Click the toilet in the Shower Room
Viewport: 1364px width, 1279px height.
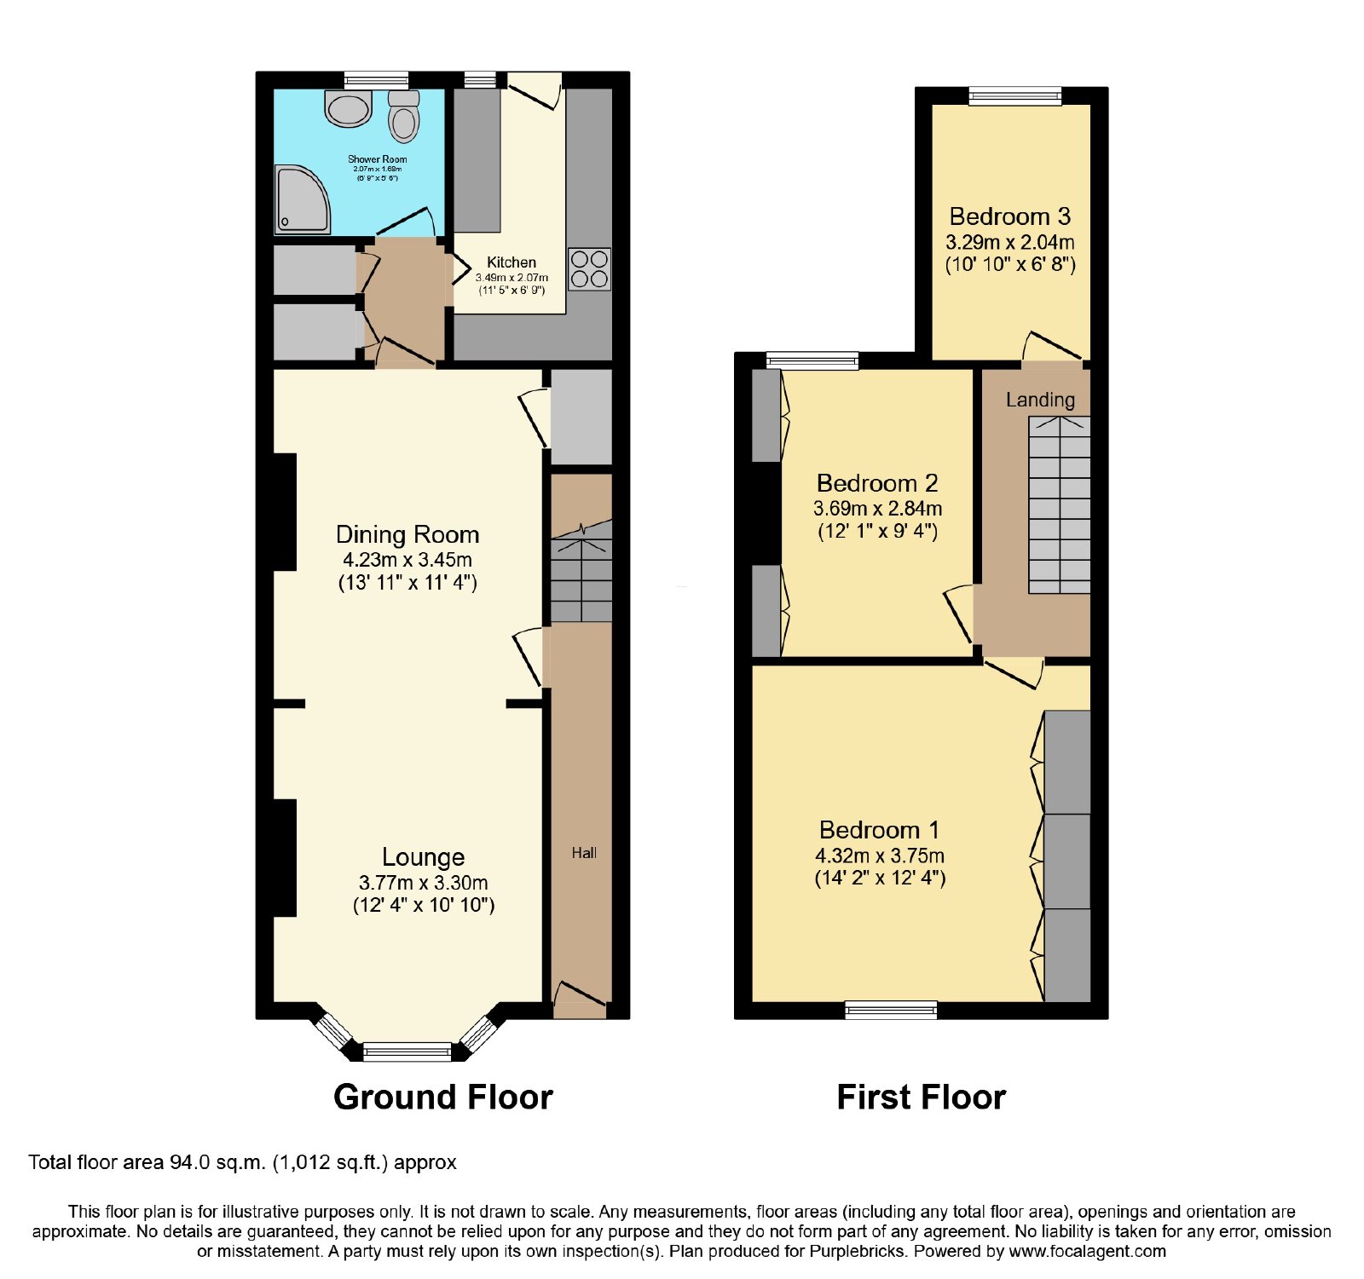(x=404, y=117)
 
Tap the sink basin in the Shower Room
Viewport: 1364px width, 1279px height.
(x=349, y=109)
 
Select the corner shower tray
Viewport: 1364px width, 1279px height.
(x=301, y=199)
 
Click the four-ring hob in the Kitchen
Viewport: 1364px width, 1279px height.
(x=589, y=269)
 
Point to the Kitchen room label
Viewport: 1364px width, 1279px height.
(x=511, y=262)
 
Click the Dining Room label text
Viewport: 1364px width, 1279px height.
(x=407, y=534)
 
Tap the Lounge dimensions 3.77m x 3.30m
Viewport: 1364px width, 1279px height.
(x=424, y=883)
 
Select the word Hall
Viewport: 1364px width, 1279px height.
(x=584, y=853)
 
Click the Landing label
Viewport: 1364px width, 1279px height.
(x=1040, y=400)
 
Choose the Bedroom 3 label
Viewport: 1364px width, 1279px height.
(x=1010, y=216)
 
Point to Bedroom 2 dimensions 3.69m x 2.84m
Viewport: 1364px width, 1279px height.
(x=878, y=509)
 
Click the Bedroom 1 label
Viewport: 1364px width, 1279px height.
(x=879, y=830)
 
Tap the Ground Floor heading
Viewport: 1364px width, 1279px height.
(x=443, y=1097)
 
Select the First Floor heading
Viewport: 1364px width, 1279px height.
(x=922, y=1097)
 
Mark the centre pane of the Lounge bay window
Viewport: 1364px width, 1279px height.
(x=407, y=1051)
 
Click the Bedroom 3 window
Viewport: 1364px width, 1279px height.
(x=1014, y=95)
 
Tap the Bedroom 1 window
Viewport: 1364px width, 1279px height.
(x=891, y=1010)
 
